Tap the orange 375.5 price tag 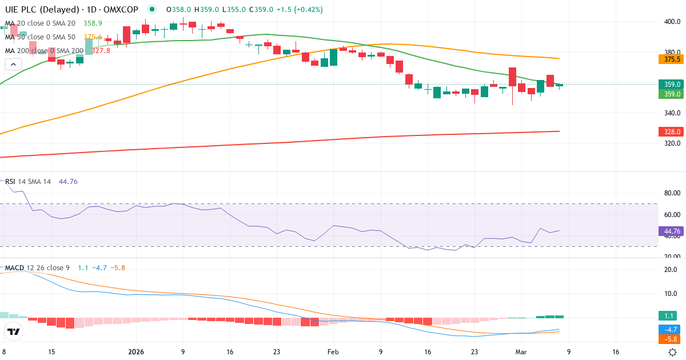click(672, 59)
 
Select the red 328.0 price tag click(672, 131)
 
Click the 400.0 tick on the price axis click(672, 22)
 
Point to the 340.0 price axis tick click(672, 113)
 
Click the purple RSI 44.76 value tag click(672, 231)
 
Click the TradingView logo click(14, 331)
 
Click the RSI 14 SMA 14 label click(28, 182)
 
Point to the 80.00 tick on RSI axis click(672, 193)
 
